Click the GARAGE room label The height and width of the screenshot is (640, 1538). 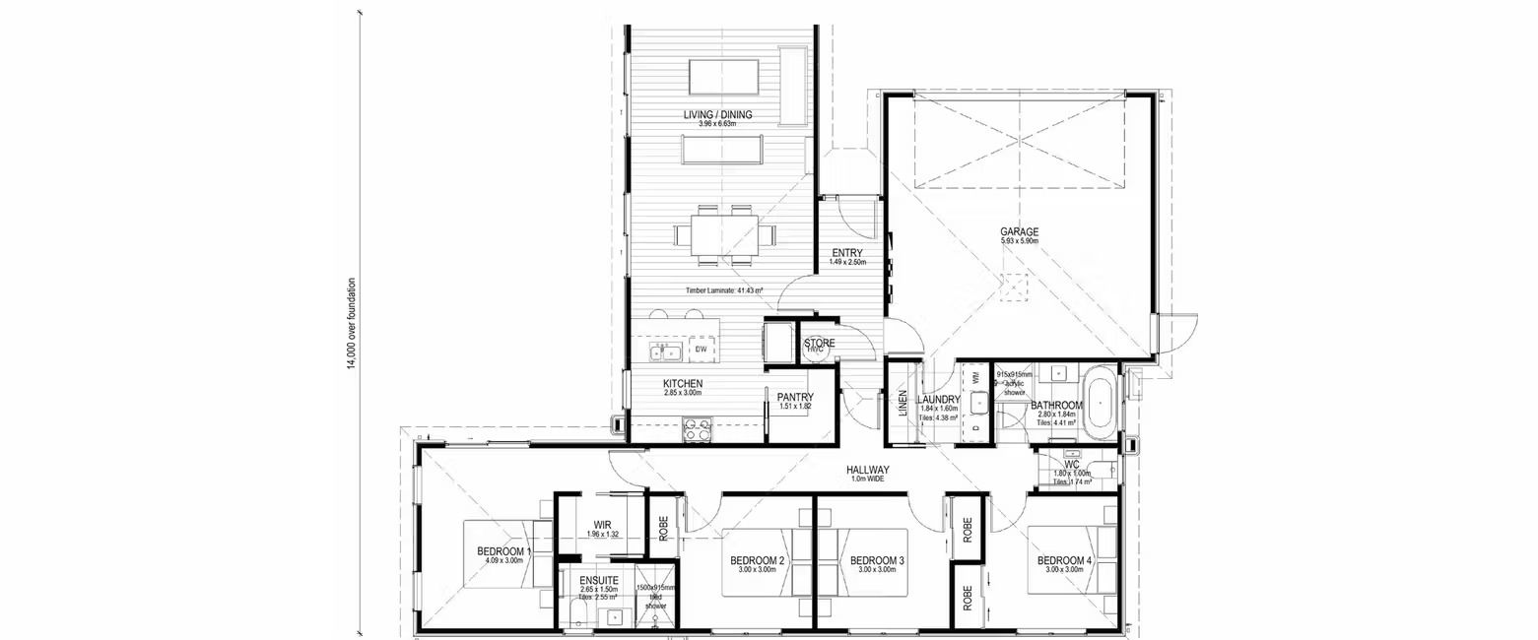pos(1020,232)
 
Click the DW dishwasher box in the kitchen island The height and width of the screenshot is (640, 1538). pos(701,350)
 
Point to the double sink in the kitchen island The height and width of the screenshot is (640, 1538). pos(667,352)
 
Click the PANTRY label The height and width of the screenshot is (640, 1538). pos(794,397)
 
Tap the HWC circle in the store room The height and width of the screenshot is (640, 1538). pos(816,349)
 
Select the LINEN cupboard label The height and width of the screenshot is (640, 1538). pos(902,404)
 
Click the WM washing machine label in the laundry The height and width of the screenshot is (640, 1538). pos(975,376)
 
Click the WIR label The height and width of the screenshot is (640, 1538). pos(604,524)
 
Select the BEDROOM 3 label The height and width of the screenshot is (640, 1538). pos(877,560)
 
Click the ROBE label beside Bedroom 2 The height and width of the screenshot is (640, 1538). pos(664,529)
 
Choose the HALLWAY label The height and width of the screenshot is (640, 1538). pos(867,470)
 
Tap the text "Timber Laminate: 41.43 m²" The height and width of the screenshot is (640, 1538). pos(726,290)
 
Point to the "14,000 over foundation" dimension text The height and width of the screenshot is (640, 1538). pos(351,324)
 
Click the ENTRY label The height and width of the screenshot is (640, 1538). pos(846,253)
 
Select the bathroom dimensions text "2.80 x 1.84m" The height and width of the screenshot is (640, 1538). pos(1057,416)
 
